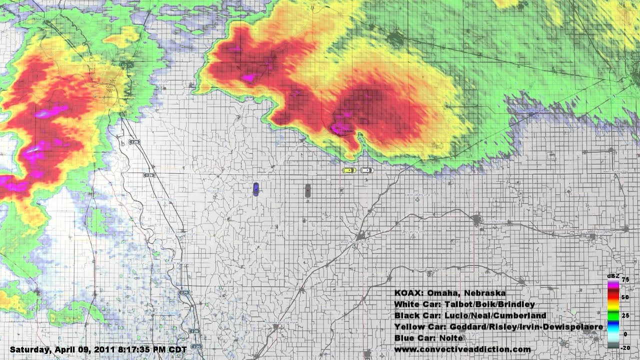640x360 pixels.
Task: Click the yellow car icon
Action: [x=349, y=170]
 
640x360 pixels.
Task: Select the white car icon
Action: [x=366, y=170]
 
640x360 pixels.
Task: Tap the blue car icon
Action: [x=255, y=189]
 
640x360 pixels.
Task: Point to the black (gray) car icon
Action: [x=308, y=190]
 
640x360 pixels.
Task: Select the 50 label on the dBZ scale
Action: [x=625, y=297]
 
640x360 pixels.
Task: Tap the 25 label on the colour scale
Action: [x=625, y=316]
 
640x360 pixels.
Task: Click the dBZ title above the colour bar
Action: [x=612, y=275]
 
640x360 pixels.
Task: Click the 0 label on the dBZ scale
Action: [x=625, y=334]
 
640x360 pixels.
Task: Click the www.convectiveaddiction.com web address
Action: [x=462, y=349]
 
